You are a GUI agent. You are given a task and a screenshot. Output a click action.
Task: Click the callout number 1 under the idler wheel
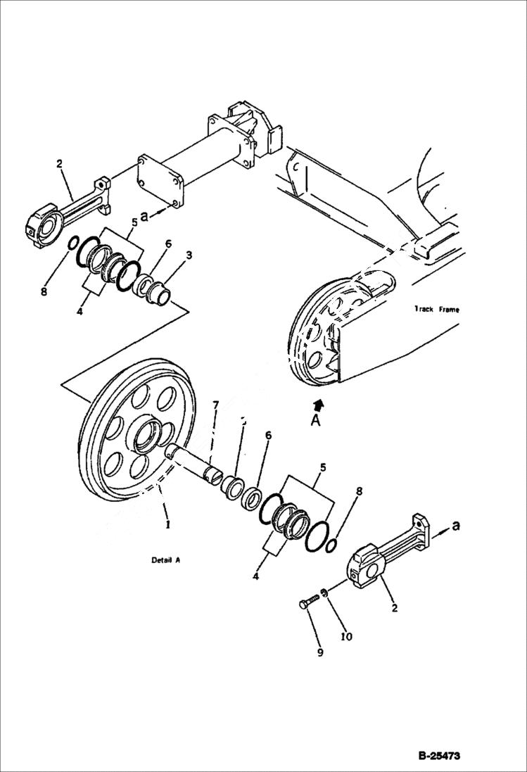(x=167, y=525)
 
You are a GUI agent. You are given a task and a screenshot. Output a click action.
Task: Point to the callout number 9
(x=320, y=652)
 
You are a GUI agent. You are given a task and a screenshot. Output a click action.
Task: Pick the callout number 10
(x=346, y=637)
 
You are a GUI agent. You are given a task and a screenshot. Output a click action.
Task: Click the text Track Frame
(x=438, y=309)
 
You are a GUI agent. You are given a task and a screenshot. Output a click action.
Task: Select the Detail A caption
(x=166, y=561)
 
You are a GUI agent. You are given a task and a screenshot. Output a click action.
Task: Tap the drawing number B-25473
(x=439, y=757)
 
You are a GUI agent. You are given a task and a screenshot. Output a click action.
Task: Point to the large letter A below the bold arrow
(x=316, y=421)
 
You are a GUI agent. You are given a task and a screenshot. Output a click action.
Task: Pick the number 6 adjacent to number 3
(x=168, y=243)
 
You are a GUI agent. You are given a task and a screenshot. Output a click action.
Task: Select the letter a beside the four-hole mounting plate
(x=144, y=217)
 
